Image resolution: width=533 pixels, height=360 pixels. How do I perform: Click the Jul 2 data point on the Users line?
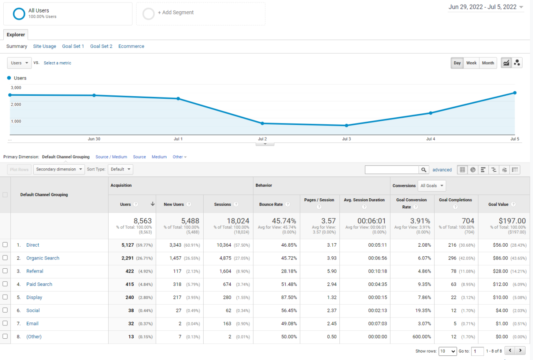coord(262,123)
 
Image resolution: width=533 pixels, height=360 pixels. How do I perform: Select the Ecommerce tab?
coord(131,46)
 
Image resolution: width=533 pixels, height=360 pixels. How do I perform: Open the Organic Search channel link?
coord(42,258)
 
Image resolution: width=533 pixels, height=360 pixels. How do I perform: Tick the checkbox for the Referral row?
coord(5,271)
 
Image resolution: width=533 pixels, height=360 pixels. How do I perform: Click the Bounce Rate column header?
coord(271,205)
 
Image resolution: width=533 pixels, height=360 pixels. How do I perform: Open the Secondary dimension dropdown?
coord(59,170)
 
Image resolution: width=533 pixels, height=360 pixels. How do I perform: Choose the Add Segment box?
coord(200,13)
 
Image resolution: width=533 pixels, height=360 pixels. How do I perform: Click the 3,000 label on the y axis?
coord(16,88)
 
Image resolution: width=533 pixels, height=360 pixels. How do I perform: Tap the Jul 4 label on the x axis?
coord(431,139)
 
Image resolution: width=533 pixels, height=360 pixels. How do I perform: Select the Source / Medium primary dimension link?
coord(111,157)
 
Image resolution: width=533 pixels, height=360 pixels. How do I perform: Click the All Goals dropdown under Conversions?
coord(432,186)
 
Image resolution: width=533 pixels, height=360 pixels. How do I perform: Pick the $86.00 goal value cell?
coord(500,258)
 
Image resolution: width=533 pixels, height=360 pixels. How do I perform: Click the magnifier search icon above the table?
coord(424,170)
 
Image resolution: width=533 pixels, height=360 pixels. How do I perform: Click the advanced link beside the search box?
coord(442,170)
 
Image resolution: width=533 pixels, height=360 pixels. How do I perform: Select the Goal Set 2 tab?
coord(101,46)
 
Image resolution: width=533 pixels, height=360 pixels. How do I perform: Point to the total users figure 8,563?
coord(142,221)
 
